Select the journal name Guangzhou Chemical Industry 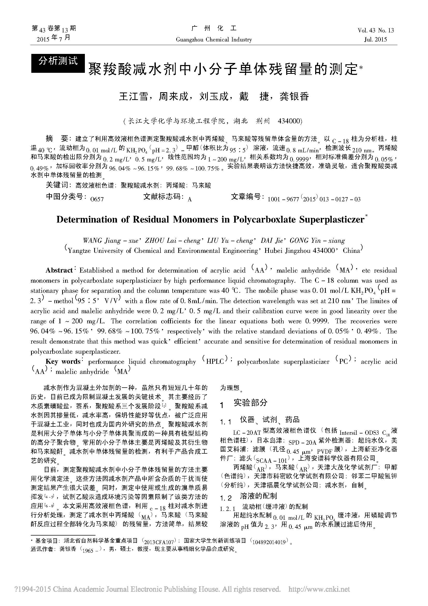click(214, 40)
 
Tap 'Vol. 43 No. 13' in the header click(375, 30)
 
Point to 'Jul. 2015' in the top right click(375, 40)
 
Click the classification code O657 click(97, 199)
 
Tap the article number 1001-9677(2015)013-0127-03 click(314, 199)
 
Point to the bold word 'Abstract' click(59, 270)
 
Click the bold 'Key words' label click(63, 361)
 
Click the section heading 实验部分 click(250, 403)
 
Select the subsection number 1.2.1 click(227, 507)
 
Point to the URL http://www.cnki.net click(319, 589)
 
